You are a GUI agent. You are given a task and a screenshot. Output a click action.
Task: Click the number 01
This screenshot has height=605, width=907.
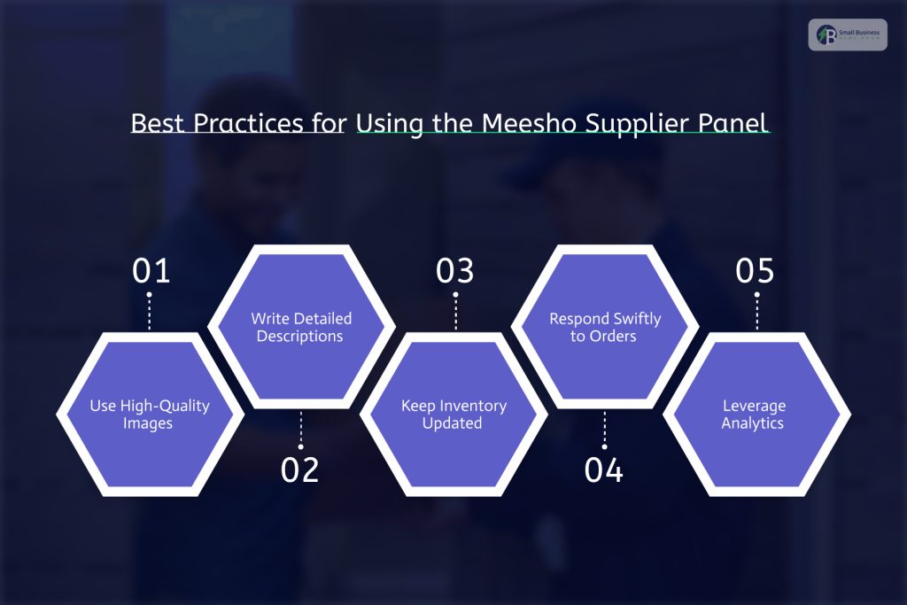coord(150,271)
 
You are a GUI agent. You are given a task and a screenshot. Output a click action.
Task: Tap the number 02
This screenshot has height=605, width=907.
coord(300,470)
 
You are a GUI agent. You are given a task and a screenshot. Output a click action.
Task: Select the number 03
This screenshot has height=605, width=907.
coord(455,271)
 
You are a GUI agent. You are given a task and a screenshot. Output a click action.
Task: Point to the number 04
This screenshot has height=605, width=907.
coord(604,470)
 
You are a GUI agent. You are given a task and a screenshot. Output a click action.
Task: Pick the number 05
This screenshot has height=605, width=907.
coord(756,271)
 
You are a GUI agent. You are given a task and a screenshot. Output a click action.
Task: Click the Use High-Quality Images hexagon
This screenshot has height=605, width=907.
coord(150,414)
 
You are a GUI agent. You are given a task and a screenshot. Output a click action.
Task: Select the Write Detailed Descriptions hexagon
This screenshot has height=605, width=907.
coord(301,327)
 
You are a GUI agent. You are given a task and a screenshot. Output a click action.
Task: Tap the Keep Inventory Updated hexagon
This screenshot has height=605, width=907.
coord(453,414)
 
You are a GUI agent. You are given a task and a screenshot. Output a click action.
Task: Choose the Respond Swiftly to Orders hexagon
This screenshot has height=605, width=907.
coord(605,327)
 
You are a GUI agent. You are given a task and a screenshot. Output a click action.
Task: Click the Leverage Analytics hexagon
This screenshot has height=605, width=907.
coord(756,414)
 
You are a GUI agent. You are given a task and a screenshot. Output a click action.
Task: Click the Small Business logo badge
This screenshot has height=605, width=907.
coord(847,35)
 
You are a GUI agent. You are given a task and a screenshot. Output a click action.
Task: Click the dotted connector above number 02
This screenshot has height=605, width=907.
coord(301,430)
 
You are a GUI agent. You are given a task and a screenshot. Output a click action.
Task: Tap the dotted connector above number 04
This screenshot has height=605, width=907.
coord(605,430)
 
